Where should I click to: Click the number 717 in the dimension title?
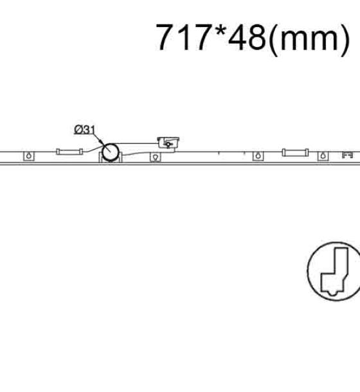pos(183,37)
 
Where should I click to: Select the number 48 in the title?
pos(247,37)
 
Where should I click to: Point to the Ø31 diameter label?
pos(85,130)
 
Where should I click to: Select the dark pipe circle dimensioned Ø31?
pos(110,152)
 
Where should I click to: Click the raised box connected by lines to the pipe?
pos(168,143)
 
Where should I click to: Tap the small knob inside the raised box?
pos(168,144)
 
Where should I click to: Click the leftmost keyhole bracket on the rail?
pos(29,156)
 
